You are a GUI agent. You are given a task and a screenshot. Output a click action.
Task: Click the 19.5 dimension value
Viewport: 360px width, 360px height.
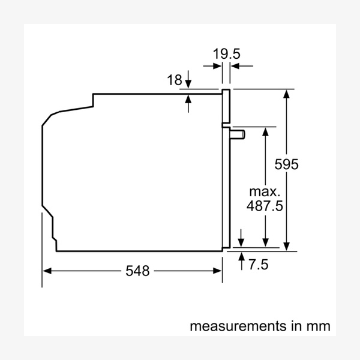pos(226,53)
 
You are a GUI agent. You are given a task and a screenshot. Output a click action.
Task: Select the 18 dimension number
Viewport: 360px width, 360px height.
pos(174,80)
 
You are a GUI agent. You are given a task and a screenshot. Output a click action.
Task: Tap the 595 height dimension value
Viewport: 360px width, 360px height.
pos(287,164)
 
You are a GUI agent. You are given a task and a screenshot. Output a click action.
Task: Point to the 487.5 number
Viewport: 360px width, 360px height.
pos(265,205)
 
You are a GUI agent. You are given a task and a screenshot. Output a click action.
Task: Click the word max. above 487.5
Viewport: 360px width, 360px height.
pos(265,192)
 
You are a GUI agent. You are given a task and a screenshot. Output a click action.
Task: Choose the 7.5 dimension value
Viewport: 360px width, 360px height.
pos(259,264)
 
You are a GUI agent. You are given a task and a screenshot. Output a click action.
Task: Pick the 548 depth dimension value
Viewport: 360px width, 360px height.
pos(137,271)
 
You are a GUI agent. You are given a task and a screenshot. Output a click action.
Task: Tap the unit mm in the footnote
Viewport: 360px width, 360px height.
pos(319,326)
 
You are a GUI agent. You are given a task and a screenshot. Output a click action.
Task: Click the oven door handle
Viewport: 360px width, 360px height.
pos(238,134)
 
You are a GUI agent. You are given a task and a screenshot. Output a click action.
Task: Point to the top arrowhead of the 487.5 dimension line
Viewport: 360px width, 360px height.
pos(265,131)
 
